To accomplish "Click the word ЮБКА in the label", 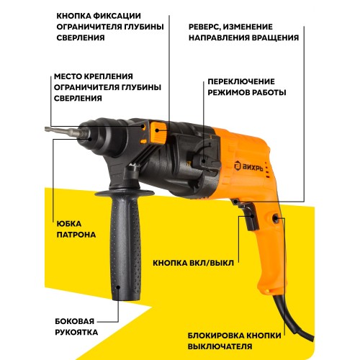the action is click(69, 224).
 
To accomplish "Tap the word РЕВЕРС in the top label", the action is click(204, 27).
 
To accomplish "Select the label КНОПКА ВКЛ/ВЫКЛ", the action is click(193, 263).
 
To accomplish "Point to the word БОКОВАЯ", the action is click(75, 321).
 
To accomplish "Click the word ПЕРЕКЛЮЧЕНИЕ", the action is click(241, 81).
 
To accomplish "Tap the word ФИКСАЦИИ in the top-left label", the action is click(117, 16).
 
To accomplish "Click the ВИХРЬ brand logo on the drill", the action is click(248, 166).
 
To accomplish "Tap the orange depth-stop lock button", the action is click(158, 132).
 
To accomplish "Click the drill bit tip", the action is click(46, 129).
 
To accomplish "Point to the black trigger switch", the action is click(250, 216).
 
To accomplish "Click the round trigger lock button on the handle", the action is click(275, 218).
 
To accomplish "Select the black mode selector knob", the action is click(207, 156).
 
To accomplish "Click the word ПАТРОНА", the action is click(76, 235).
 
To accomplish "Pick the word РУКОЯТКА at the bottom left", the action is click(76, 333).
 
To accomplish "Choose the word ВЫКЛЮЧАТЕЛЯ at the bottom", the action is click(220, 346).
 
